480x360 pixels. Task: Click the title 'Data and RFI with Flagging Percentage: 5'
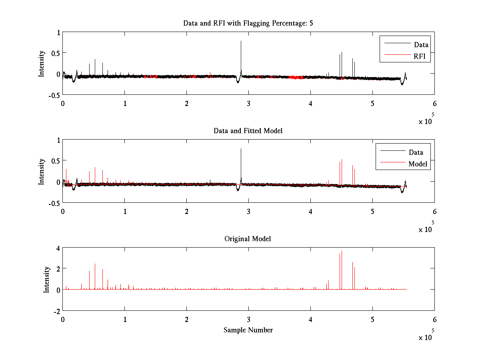pos(248,23)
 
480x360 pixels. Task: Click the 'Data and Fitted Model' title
pos(248,131)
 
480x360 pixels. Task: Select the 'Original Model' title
pos(248,239)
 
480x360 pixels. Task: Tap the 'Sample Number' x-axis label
pos(248,330)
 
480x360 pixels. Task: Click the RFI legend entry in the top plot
pos(422,57)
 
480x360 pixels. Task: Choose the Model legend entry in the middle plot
pos(418,164)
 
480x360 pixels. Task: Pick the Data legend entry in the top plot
pos(421,45)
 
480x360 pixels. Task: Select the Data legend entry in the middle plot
pos(416,152)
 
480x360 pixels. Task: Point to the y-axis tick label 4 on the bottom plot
pos(58,248)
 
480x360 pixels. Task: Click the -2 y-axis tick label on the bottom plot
pos(56,311)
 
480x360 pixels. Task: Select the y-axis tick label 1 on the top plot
pos(58,33)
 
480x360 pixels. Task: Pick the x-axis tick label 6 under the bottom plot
pos(434,319)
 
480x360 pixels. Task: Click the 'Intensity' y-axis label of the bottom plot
pos(46,279)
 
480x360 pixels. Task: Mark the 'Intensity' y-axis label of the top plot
pos(41,64)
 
